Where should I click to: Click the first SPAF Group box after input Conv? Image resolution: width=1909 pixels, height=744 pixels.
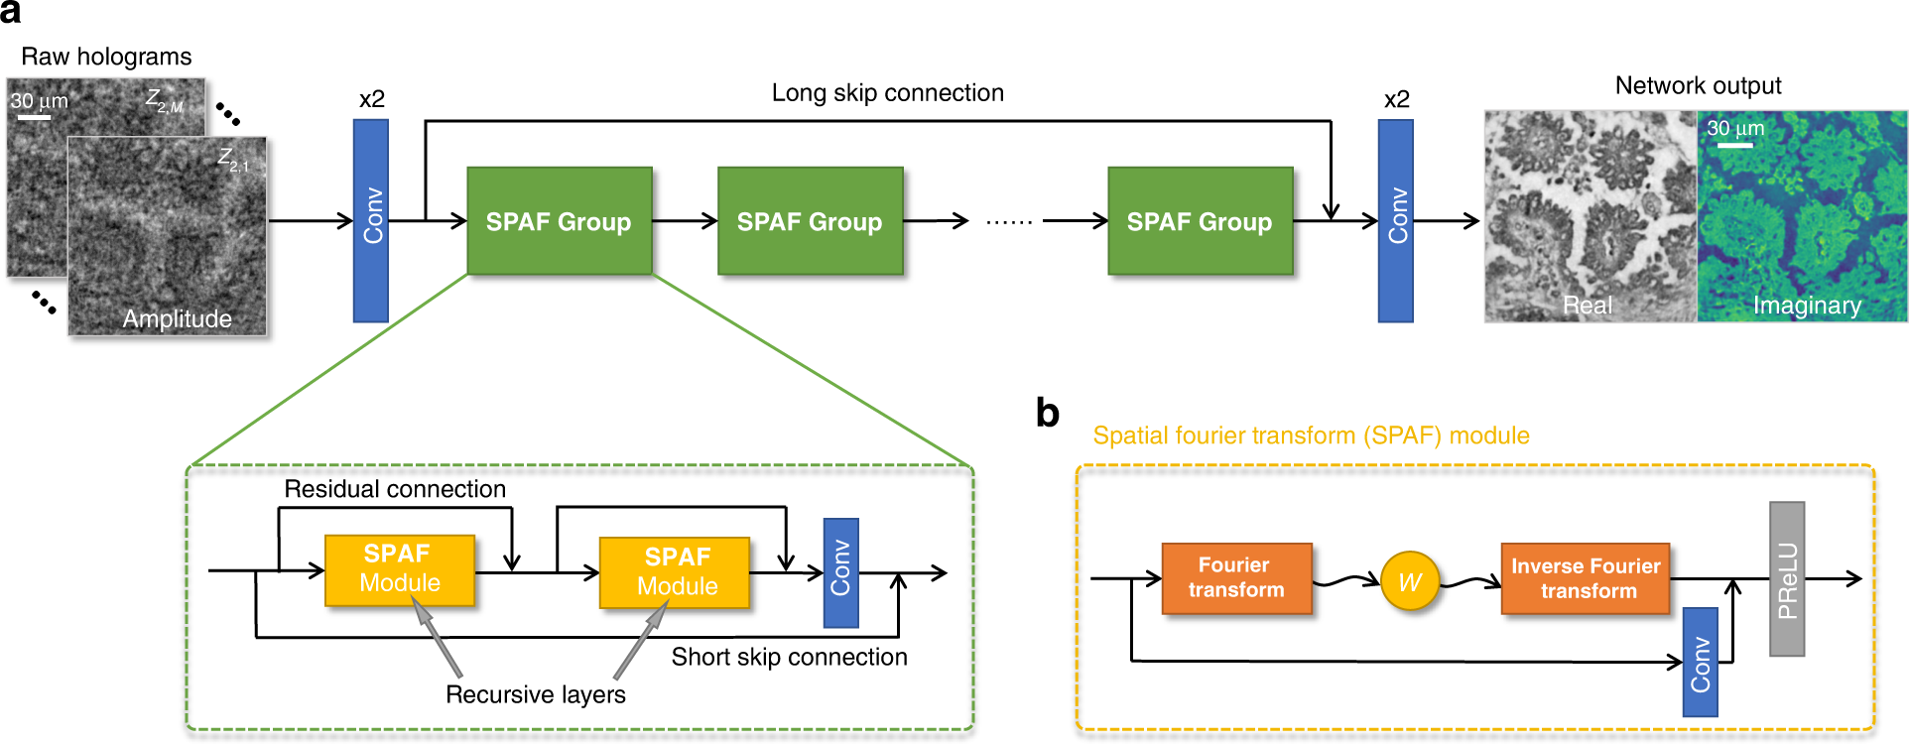point(559,221)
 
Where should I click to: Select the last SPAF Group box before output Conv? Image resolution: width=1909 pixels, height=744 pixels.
point(1200,221)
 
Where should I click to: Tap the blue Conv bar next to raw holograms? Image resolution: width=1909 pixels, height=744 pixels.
point(371,220)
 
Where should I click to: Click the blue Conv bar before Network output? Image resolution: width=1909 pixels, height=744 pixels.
point(1395,220)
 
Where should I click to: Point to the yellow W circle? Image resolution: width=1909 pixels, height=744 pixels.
point(1409,581)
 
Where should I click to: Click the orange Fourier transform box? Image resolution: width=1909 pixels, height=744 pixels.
point(1236,578)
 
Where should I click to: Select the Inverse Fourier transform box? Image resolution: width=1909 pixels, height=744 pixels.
point(1585,578)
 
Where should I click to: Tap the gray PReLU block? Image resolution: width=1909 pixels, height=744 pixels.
point(1786,578)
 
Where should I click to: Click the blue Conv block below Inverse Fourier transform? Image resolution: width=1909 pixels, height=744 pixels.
point(1700,662)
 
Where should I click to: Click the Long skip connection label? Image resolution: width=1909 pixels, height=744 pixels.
point(887,93)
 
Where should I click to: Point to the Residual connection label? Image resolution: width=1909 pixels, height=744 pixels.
point(395,489)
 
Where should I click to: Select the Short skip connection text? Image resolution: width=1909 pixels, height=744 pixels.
point(789,657)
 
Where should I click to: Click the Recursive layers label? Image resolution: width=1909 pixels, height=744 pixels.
point(535,694)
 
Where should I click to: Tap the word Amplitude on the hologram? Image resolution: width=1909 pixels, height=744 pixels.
point(177,318)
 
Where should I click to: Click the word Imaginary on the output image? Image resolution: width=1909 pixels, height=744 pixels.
point(1806,306)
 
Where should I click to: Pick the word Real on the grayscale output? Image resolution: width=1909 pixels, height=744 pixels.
point(1587,306)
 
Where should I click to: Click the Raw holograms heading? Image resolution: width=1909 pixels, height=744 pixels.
point(106,57)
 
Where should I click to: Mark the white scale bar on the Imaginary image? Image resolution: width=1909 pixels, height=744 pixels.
point(1733,146)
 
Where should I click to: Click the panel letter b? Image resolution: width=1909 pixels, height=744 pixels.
point(1047,413)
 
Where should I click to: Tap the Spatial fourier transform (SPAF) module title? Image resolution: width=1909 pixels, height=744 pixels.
point(1311,435)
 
